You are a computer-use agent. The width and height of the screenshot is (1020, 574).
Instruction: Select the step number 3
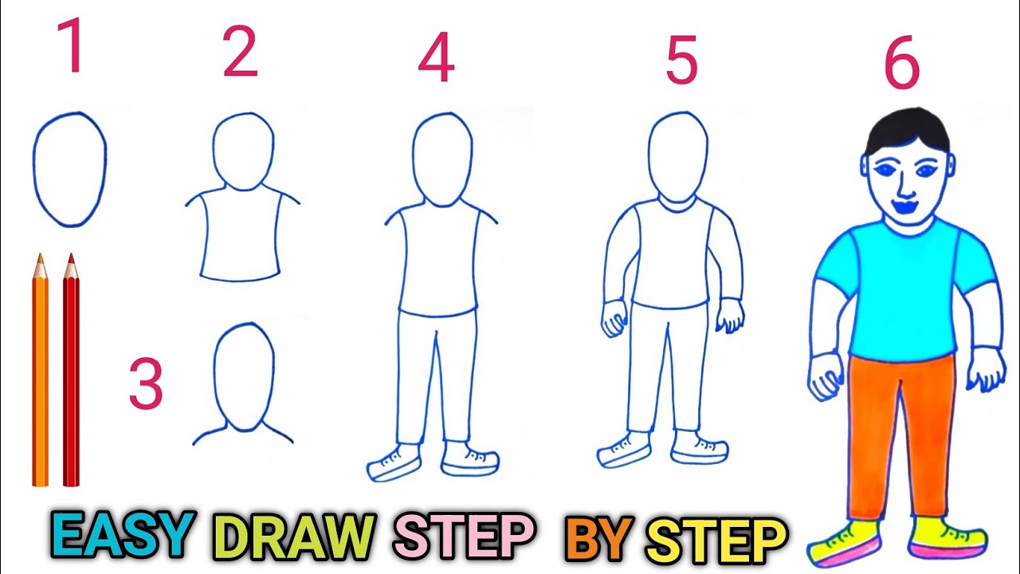pos(146,385)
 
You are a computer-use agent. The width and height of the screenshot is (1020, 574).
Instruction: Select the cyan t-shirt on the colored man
pos(904,287)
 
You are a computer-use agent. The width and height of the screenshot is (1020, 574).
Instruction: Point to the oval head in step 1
pos(69,169)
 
